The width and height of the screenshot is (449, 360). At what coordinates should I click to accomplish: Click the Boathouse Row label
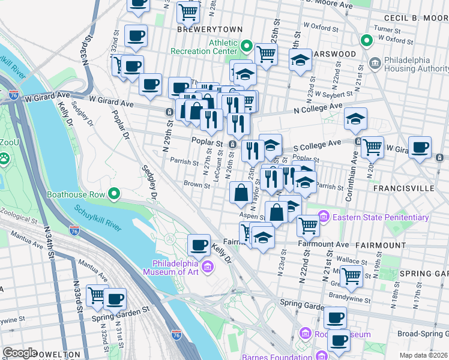point(76,194)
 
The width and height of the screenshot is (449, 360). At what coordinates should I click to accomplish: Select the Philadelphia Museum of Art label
point(169,267)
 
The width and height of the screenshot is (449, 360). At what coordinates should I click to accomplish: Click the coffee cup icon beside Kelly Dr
point(199,244)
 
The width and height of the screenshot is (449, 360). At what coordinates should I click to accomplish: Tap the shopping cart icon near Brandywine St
point(351,275)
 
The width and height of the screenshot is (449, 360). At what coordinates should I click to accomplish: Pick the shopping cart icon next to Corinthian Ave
point(372,145)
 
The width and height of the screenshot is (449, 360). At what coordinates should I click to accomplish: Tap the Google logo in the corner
point(20,353)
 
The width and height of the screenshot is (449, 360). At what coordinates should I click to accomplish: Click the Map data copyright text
point(424,355)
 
